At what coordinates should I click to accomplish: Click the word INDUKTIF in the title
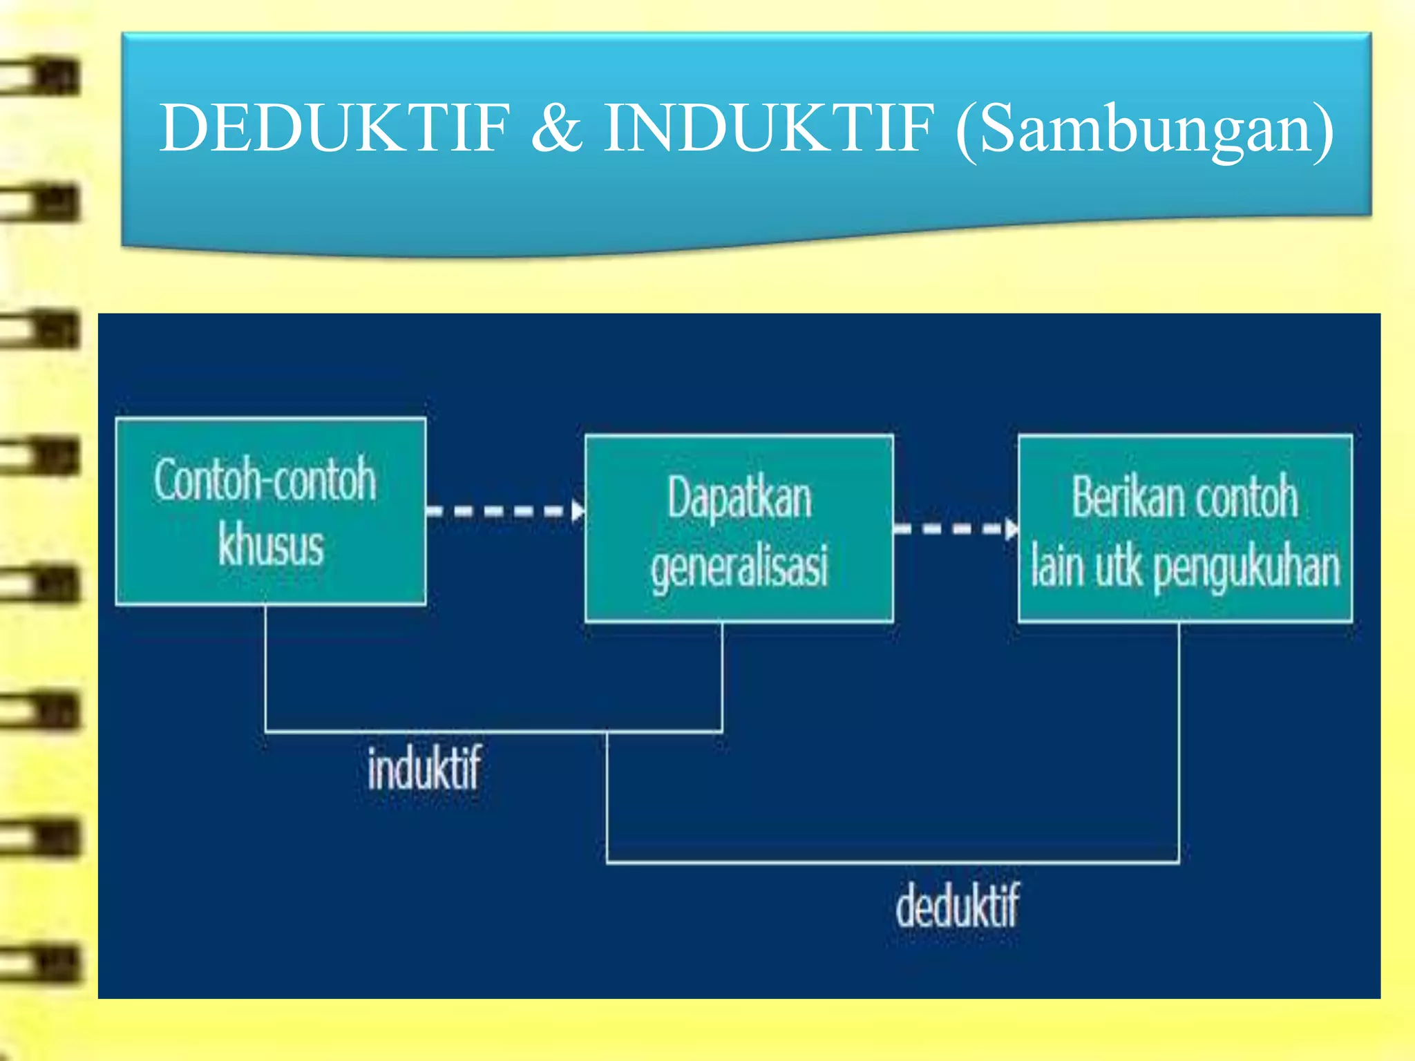(768, 128)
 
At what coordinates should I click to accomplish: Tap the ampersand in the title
(556, 128)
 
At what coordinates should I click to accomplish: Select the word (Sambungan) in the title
(1144, 130)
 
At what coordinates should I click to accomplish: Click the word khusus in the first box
(271, 546)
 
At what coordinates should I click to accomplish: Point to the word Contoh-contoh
(265, 479)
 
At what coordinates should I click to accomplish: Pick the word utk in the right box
(1119, 566)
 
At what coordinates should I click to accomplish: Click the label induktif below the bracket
(424, 768)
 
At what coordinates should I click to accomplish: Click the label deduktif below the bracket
(958, 906)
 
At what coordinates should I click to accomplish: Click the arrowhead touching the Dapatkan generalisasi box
(578, 512)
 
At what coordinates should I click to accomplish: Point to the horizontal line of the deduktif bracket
(891, 862)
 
